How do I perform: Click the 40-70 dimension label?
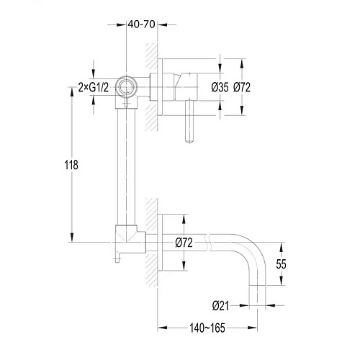coord(141,24)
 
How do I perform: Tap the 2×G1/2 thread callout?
coord(94,88)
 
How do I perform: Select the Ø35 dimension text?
coord(220,87)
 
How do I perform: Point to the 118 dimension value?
coord(71,165)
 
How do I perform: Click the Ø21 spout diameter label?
coord(220,306)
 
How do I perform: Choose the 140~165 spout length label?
coord(207,328)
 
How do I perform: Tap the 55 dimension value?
coord(281,264)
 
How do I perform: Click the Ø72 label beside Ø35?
coord(242,87)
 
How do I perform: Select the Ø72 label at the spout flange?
coord(184,243)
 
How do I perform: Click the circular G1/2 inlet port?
coord(126,87)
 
